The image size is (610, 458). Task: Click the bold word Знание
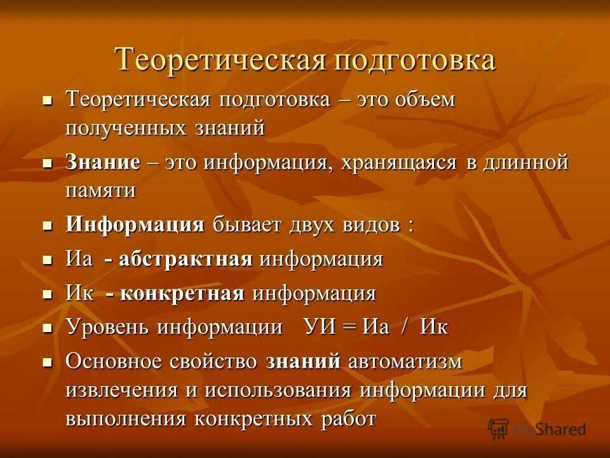pyautogui.click(x=103, y=162)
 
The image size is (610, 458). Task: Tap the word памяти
pyautogui.click(x=101, y=190)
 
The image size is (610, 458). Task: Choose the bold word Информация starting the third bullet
pyautogui.click(x=135, y=225)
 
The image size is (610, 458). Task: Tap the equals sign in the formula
pyautogui.click(x=350, y=328)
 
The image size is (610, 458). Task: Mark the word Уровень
pyautogui.click(x=107, y=328)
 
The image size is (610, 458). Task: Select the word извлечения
pyautogui.click(x=123, y=390)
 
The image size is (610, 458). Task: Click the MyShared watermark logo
pyautogui.click(x=537, y=428)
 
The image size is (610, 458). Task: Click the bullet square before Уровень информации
pyautogui.click(x=46, y=328)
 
